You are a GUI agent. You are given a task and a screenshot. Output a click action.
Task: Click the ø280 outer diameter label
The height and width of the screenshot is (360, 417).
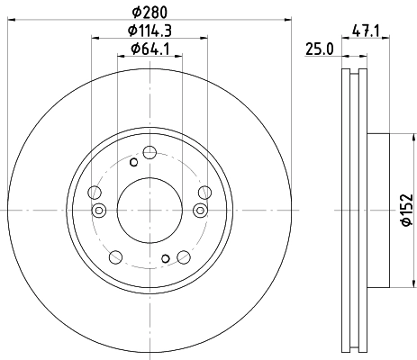click(150, 12)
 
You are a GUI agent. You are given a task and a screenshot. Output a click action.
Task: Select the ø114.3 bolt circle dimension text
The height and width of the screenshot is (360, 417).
click(150, 31)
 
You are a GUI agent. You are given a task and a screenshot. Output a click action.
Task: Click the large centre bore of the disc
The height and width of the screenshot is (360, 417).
click(150, 209)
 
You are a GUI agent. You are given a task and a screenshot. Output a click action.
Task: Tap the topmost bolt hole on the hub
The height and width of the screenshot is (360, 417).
click(150, 151)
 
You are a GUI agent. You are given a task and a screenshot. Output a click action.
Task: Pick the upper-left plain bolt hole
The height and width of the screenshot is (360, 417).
click(95, 191)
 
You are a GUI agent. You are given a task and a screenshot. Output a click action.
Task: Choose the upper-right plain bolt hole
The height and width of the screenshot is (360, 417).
click(204, 191)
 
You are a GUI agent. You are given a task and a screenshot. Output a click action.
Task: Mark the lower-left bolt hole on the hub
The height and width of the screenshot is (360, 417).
click(115, 256)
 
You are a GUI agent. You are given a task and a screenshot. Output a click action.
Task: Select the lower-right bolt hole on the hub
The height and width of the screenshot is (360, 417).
click(184, 256)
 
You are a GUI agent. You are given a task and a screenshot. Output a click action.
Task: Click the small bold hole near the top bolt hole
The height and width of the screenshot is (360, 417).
click(134, 163)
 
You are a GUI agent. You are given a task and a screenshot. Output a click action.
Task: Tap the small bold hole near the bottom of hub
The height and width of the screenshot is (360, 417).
click(165, 259)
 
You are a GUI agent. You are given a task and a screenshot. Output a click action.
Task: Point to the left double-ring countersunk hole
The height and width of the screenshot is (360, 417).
click(99, 211)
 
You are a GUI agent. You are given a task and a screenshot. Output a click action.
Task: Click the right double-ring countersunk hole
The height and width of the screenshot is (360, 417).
click(200, 211)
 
